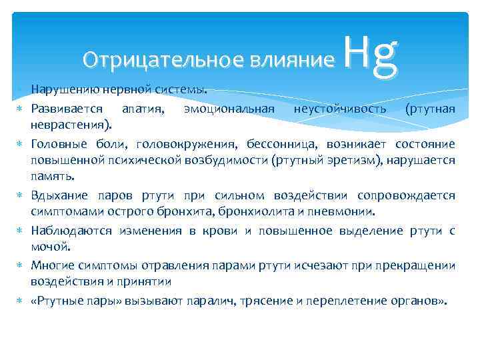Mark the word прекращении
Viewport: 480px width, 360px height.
point(419,265)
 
